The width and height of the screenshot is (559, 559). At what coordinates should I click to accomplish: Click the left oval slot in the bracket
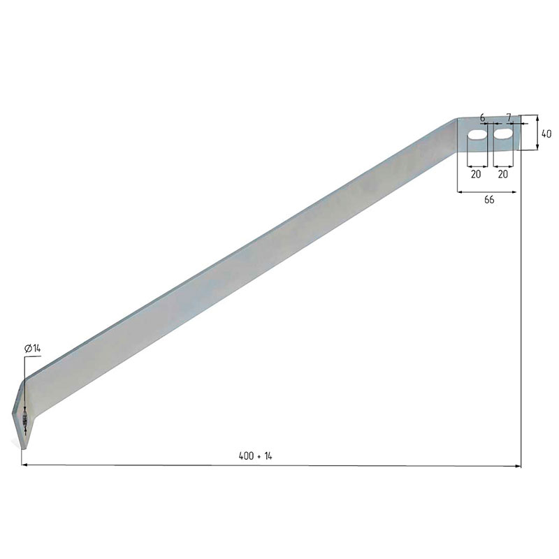tap(477, 136)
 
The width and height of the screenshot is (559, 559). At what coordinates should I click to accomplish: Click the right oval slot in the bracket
tap(503, 133)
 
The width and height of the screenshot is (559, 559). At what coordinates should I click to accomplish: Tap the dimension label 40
tap(546, 133)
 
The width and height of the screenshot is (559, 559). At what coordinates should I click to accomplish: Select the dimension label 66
tap(489, 200)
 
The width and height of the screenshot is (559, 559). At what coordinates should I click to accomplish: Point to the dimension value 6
tap(483, 117)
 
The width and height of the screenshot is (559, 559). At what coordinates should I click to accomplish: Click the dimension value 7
tap(509, 117)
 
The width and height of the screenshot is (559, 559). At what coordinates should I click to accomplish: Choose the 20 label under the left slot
tap(476, 174)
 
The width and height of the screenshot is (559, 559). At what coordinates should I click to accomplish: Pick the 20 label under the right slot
tap(502, 174)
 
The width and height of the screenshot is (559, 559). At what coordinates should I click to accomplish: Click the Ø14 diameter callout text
tap(33, 349)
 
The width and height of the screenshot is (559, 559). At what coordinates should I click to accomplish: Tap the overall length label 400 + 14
tap(255, 456)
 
